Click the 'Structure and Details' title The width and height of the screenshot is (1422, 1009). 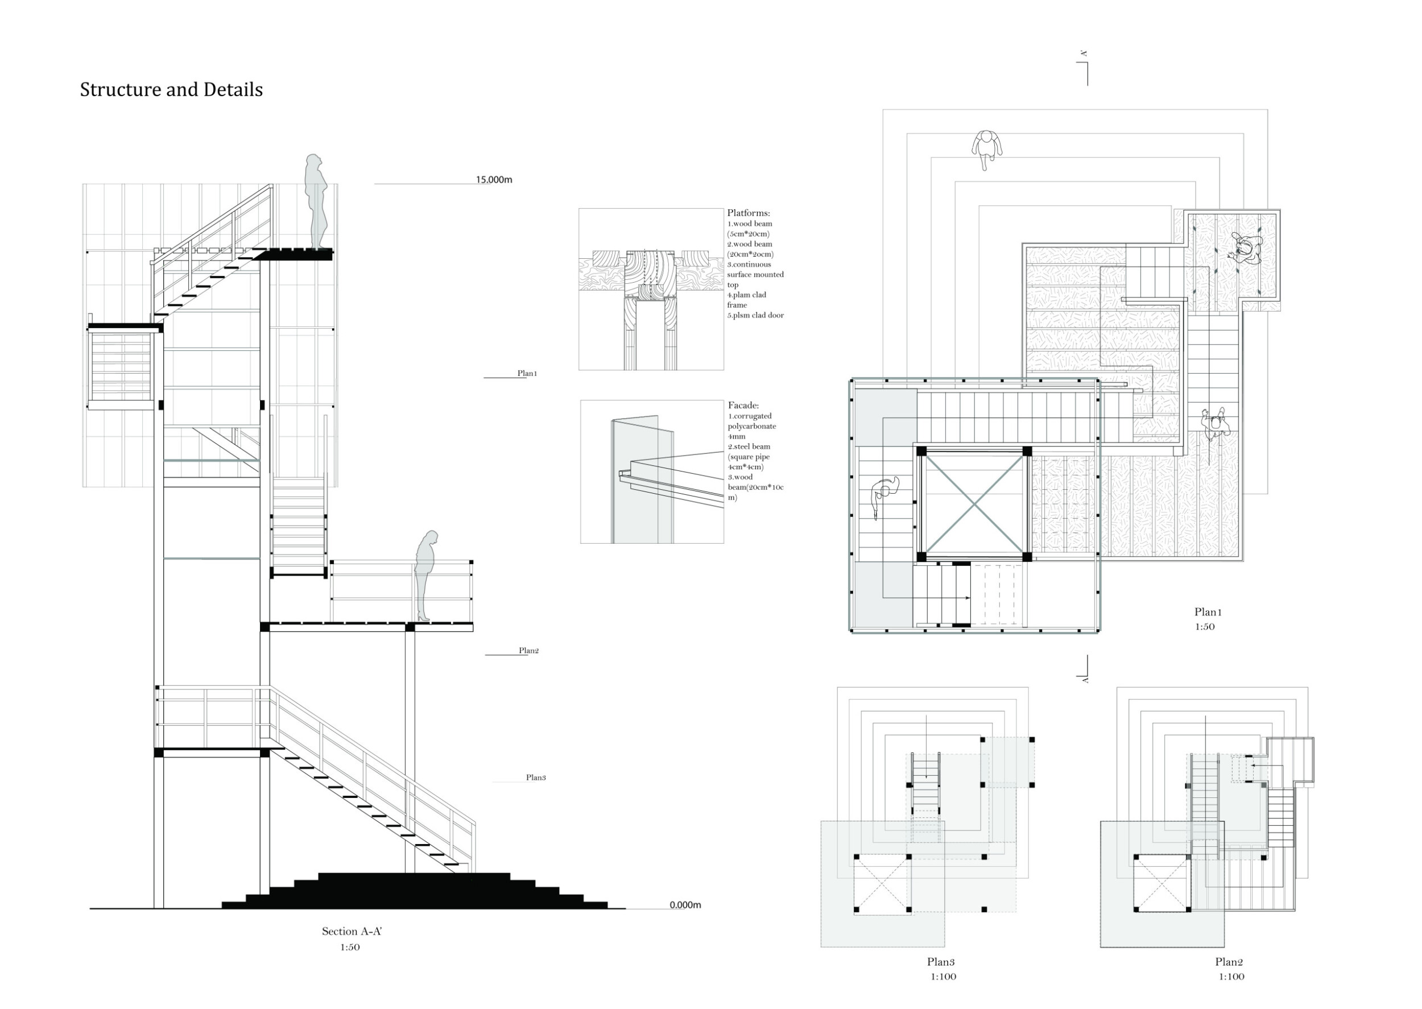[171, 89]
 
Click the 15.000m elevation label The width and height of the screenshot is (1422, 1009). [494, 180]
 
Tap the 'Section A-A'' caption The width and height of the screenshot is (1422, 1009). [351, 931]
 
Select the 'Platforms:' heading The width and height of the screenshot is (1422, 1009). [748, 213]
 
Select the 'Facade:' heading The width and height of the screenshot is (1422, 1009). [743, 405]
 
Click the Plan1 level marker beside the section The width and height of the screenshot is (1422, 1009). [527, 374]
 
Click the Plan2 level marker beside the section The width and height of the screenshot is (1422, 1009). [528, 651]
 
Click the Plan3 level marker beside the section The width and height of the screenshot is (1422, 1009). [535, 778]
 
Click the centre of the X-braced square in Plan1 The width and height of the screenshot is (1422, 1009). [973, 504]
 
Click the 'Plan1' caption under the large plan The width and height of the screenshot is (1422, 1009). [1207, 612]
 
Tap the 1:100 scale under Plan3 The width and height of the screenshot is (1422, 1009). [943, 976]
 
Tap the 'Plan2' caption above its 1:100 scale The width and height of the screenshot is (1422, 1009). [1229, 962]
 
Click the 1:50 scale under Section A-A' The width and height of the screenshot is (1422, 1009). [350, 947]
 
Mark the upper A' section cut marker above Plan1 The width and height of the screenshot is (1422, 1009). [1085, 55]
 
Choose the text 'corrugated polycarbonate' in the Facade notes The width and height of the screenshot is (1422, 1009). [752, 421]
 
